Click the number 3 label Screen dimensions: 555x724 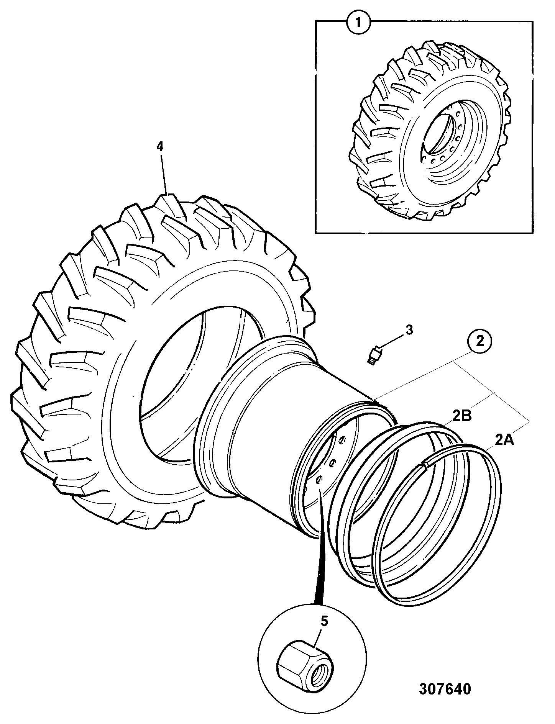[409, 329]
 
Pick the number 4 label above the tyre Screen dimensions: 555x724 [160, 146]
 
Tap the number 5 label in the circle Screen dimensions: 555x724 [324, 621]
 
